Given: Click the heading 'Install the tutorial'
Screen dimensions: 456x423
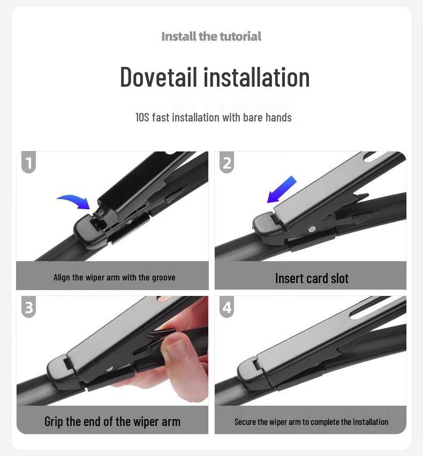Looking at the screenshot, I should click(x=211, y=36).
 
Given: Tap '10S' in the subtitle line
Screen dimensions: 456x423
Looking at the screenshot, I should click(x=142, y=117).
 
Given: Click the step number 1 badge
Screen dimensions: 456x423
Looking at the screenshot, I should click(x=29, y=162).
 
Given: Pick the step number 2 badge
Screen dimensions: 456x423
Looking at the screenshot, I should click(x=227, y=162).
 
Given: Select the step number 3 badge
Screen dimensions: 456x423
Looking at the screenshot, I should click(x=29, y=307).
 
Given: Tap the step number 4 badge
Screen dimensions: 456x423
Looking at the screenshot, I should click(x=227, y=307).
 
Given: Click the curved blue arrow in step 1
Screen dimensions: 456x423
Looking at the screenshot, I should click(x=74, y=202).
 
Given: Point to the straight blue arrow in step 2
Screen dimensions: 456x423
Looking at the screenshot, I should click(x=282, y=189).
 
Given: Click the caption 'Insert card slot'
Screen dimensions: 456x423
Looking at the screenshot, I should click(x=312, y=278).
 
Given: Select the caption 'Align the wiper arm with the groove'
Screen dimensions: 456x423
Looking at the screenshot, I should click(x=114, y=277).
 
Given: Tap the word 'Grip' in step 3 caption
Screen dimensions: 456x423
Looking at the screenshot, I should click(x=54, y=422).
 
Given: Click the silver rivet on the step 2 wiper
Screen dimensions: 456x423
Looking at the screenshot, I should click(x=312, y=229).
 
